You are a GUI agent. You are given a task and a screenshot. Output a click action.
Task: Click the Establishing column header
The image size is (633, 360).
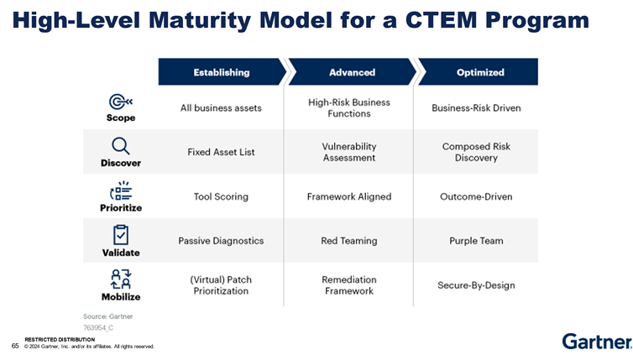221,72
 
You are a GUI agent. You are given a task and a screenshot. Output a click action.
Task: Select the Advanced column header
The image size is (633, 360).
352,72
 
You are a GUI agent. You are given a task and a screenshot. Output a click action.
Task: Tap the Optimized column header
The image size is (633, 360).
479,72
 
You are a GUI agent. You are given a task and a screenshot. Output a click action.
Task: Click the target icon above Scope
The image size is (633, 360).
120,102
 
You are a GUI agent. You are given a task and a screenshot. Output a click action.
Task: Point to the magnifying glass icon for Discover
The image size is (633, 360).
120,146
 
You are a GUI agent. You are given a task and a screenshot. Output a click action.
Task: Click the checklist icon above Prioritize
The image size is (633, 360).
121,190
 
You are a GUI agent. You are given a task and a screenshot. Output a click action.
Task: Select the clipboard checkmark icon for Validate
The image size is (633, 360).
121,234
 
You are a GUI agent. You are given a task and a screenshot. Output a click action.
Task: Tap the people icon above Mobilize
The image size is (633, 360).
121,279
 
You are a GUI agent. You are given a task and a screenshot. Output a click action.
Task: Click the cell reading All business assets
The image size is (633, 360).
221,108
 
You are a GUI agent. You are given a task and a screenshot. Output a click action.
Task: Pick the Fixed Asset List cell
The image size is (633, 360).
221,152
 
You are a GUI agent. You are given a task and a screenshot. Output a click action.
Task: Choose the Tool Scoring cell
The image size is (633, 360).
221,196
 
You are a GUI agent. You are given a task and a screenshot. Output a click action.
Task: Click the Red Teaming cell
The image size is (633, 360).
349,241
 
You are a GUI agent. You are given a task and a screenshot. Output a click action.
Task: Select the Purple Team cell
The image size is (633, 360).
476,241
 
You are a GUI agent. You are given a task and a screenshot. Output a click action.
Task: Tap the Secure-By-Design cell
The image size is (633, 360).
476,285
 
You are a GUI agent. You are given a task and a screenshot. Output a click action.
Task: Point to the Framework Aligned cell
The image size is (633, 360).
349,196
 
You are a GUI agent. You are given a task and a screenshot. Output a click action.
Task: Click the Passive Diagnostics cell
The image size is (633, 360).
221,241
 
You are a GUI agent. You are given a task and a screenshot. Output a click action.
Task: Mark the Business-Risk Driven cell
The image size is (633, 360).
476,108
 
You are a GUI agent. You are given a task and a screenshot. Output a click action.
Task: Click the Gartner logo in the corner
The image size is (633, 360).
596,341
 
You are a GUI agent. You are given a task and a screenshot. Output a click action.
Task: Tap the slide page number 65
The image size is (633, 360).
15,345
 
